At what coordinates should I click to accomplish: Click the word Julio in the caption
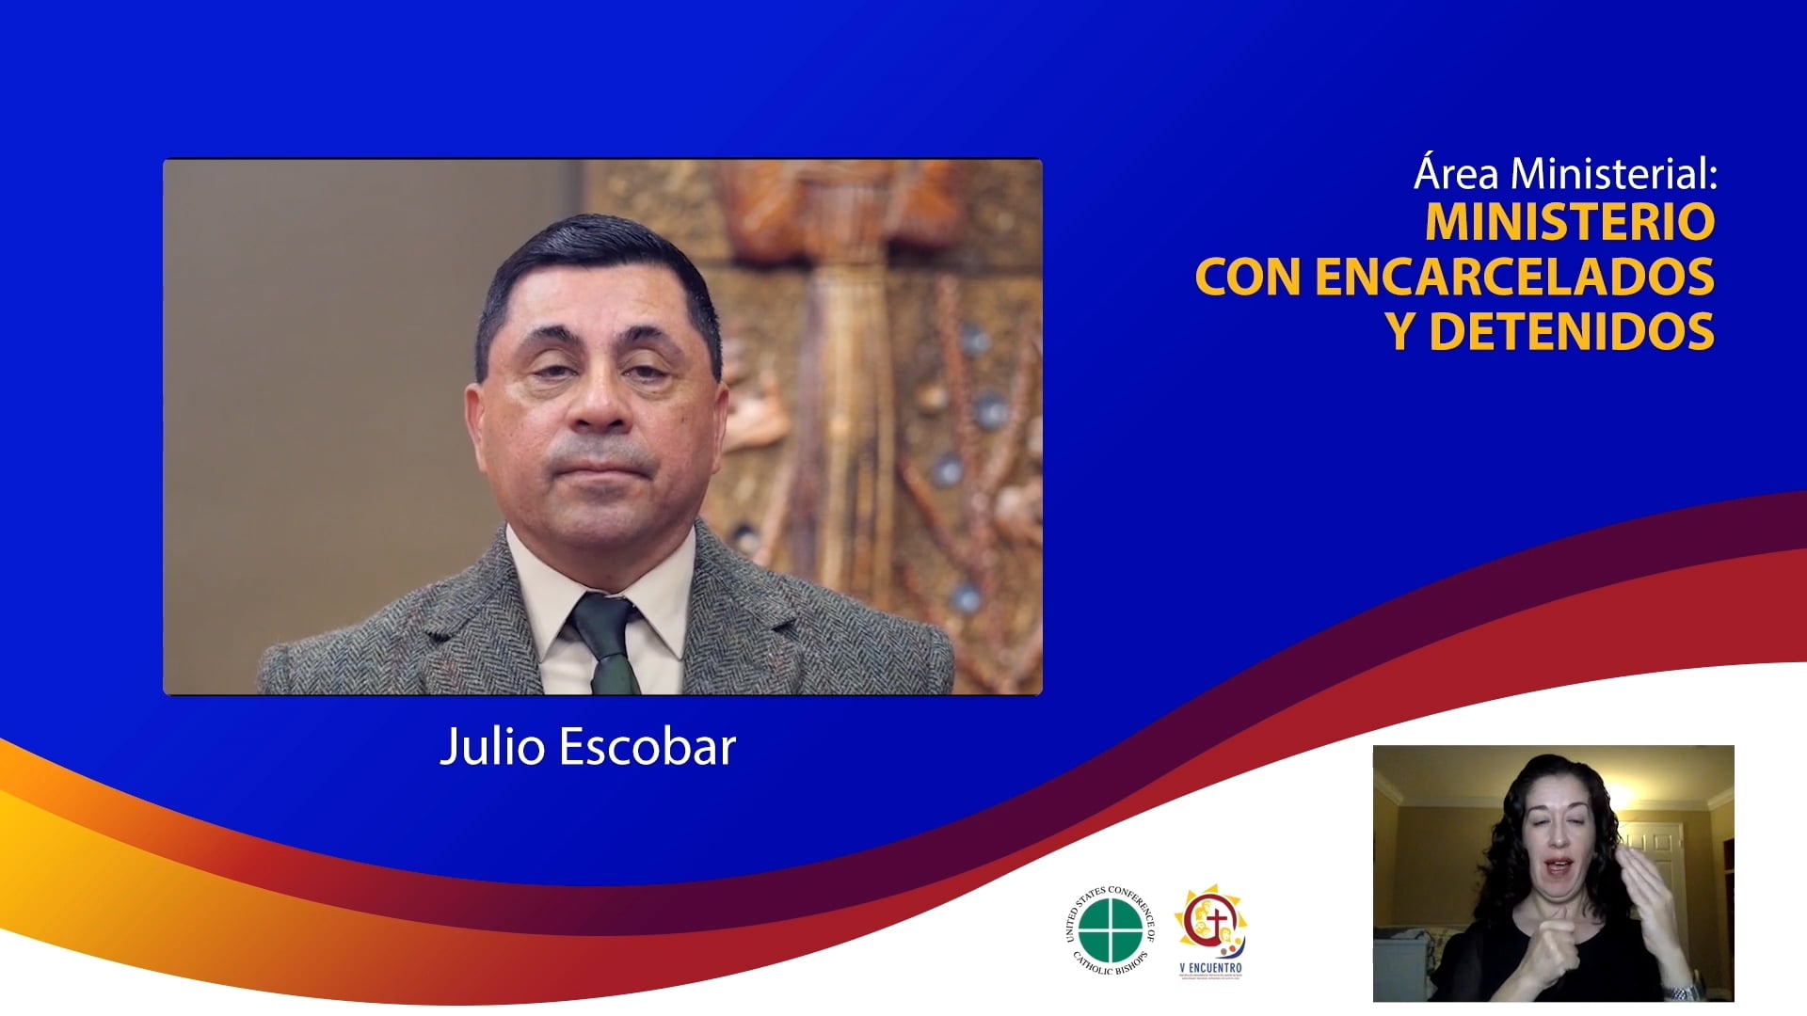coord(492,748)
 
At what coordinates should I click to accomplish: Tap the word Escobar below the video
coord(648,748)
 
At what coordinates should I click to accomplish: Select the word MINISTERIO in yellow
coord(1569,222)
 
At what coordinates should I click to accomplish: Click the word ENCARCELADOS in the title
coord(1513,277)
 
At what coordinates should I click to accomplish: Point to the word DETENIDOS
coord(1571,332)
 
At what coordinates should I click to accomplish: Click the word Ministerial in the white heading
coord(1613,174)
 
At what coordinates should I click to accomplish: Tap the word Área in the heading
coord(1456,174)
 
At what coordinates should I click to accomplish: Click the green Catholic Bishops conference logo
coord(1110,930)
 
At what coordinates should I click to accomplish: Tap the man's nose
coord(600,400)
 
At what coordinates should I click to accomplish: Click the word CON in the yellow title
coord(1248,277)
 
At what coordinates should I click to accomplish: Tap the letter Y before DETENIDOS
coord(1399,332)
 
